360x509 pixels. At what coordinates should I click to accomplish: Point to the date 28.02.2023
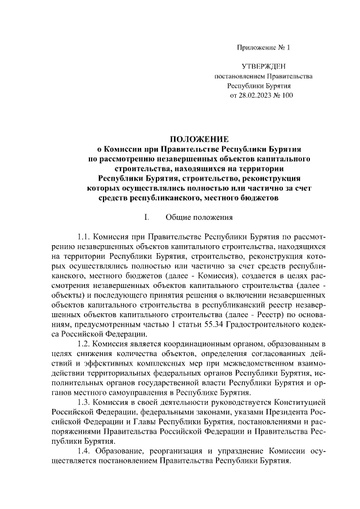[256, 96]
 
